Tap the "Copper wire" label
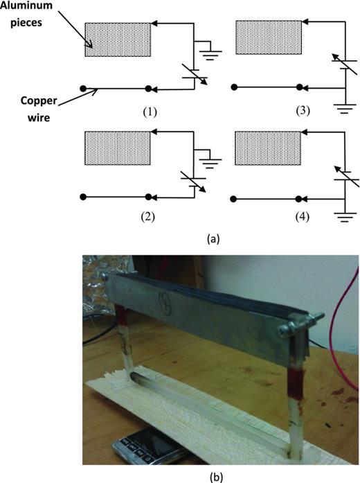(31, 114)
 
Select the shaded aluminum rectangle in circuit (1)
(118, 39)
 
